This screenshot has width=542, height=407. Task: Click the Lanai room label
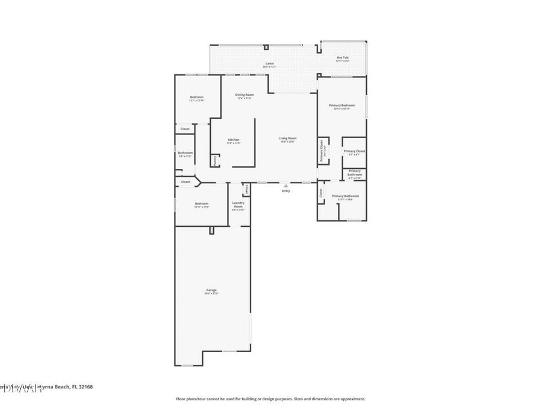pyautogui.click(x=269, y=63)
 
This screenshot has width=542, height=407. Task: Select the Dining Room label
pyautogui.click(x=244, y=95)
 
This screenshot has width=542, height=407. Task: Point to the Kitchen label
pyautogui.click(x=233, y=140)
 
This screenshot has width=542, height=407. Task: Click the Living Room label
pyautogui.click(x=287, y=139)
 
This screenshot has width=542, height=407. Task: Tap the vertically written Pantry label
pyautogui.click(x=215, y=160)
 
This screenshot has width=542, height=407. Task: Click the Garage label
pyautogui.click(x=211, y=290)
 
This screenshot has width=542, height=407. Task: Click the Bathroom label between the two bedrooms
pyautogui.click(x=185, y=153)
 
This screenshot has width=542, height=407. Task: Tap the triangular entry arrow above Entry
pyautogui.click(x=286, y=186)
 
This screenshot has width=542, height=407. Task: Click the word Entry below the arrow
pyautogui.click(x=285, y=191)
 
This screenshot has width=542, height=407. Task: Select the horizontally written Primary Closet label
pyautogui.click(x=354, y=151)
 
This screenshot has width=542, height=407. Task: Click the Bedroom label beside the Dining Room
pyautogui.click(x=196, y=98)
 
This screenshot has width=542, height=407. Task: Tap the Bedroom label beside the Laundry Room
pyautogui.click(x=201, y=204)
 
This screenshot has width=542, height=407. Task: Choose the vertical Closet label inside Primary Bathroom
pyautogui.click(x=321, y=193)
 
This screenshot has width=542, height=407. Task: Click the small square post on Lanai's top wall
pyautogui.click(x=266, y=47)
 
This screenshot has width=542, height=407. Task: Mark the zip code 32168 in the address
pyautogui.click(x=85, y=386)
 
